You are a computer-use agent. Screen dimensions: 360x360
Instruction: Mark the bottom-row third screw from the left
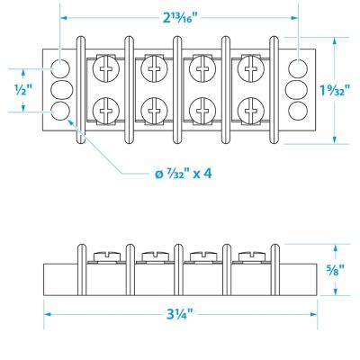click(x=202, y=110)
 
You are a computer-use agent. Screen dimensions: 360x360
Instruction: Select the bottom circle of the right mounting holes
click(x=297, y=110)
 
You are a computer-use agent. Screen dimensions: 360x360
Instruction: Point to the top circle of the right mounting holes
click(x=297, y=68)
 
